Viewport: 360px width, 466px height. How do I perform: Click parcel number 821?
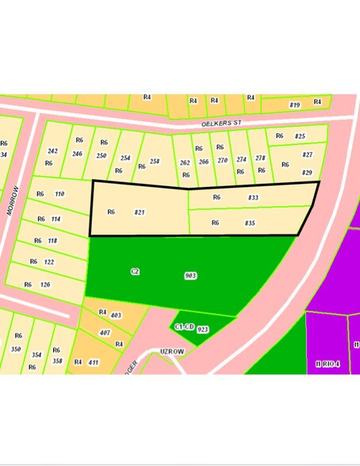click(x=140, y=212)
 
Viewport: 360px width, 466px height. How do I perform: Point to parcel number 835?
click(x=250, y=223)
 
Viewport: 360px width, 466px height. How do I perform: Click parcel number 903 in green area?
click(x=190, y=276)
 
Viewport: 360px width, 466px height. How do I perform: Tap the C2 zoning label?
click(x=135, y=272)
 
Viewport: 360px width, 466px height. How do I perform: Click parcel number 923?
click(x=202, y=329)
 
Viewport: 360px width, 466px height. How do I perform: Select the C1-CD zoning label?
click(x=184, y=327)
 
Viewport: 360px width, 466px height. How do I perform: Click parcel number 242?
click(x=53, y=151)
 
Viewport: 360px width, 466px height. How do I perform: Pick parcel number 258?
click(x=155, y=161)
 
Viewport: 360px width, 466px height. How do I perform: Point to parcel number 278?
click(x=260, y=159)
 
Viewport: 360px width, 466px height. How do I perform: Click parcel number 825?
click(x=300, y=136)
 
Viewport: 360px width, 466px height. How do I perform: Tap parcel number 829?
click(x=307, y=173)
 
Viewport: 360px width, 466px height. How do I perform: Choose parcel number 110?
click(x=59, y=194)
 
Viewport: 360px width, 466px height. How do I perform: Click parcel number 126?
click(x=47, y=284)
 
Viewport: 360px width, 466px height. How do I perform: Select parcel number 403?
click(x=116, y=315)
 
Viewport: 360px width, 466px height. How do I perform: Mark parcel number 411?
click(x=94, y=362)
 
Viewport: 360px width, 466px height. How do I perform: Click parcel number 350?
click(x=16, y=349)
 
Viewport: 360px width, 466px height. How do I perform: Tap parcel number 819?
click(x=294, y=105)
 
